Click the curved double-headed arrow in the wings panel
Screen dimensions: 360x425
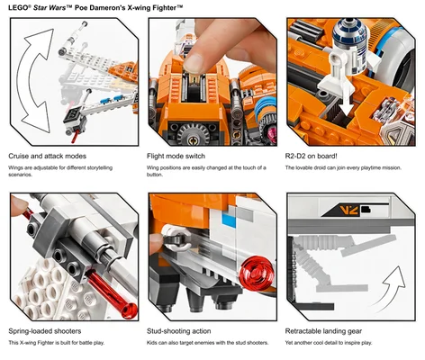click(34, 81)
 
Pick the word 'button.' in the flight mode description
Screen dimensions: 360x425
click(158, 175)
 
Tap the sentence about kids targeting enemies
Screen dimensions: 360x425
click(206, 344)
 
